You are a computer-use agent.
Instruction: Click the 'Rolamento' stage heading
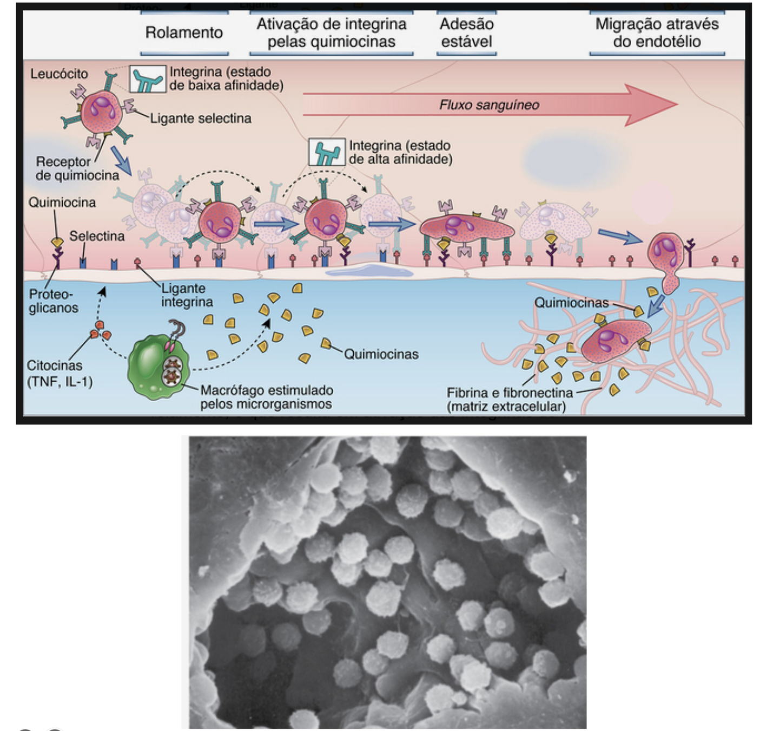coord(184,32)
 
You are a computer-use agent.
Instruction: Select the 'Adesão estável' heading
coord(466,32)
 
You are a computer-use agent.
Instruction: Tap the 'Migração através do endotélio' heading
coord(657,32)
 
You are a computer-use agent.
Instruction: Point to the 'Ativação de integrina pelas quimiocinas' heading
coord(331,32)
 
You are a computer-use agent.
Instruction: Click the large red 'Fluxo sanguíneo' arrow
coord(490,105)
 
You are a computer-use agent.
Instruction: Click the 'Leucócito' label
coord(58,74)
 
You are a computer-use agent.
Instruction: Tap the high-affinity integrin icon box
coord(326,152)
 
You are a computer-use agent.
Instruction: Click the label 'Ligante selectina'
coord(200,118)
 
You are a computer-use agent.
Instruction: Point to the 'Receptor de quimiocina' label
coord(77,168)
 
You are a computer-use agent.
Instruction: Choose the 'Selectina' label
coord(97,236)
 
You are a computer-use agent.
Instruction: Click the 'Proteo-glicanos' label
coord(53,301)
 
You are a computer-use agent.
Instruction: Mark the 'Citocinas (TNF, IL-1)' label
coord(60,374)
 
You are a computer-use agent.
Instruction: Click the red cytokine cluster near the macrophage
coord(100,330)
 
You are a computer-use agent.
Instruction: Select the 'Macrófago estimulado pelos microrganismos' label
coord(266,397)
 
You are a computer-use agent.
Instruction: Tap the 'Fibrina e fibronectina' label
coord(509,399)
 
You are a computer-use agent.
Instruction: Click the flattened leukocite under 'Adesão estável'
coord(466,227)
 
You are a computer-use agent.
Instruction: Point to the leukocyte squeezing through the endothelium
coord(667,257)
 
